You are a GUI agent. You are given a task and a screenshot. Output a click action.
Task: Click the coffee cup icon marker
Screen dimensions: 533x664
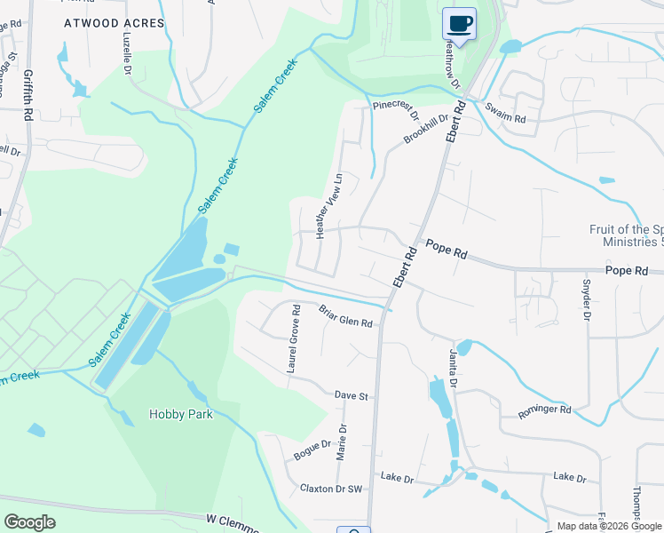[x=458, y=24]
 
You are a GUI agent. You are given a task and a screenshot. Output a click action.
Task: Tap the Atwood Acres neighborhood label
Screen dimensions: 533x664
[x=115, y=23]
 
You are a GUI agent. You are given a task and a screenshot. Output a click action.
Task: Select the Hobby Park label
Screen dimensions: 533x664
[x=180, y=414]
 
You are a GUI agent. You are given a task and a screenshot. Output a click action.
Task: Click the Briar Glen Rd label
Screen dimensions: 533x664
[x=345, y=315]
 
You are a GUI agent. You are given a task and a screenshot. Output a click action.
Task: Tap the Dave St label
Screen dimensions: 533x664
[x=351, y=394]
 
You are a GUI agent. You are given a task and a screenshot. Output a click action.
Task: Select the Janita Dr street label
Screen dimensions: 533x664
[x=452, y=369]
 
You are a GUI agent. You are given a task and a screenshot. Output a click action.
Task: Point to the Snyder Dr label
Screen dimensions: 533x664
[x=586, y=300]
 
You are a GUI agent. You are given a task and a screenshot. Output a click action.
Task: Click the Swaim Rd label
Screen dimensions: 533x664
[x=505, y=113]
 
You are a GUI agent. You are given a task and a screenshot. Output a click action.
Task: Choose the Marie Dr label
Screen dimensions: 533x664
[x=342, y=442]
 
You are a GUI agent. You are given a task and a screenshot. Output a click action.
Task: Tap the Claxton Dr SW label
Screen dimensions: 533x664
[x=331, y=489]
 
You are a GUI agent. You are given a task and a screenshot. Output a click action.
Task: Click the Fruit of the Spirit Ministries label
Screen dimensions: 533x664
[x=627, y=235]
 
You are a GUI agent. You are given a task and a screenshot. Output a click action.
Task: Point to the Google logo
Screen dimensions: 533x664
[x=30, y=522]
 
